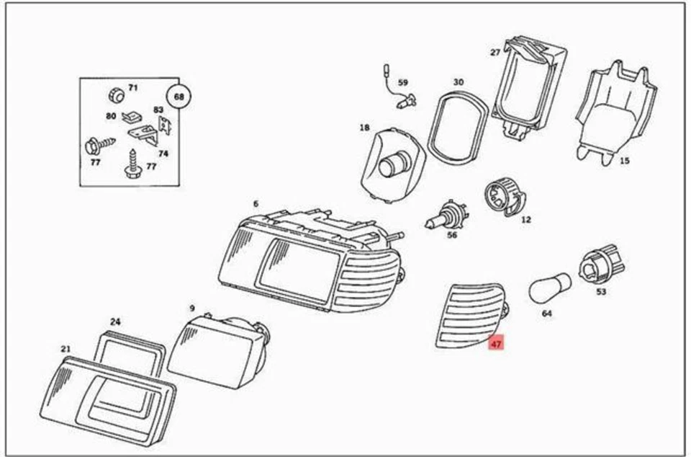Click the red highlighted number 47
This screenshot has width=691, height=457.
[496, 344]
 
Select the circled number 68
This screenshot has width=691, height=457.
[179, 96]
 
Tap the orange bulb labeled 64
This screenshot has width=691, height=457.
[550, 288]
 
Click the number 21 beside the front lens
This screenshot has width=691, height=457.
[66, 350]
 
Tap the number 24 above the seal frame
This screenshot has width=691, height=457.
[115, 321]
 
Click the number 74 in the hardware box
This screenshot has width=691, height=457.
[163, 154]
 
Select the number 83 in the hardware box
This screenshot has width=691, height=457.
[158, 110]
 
